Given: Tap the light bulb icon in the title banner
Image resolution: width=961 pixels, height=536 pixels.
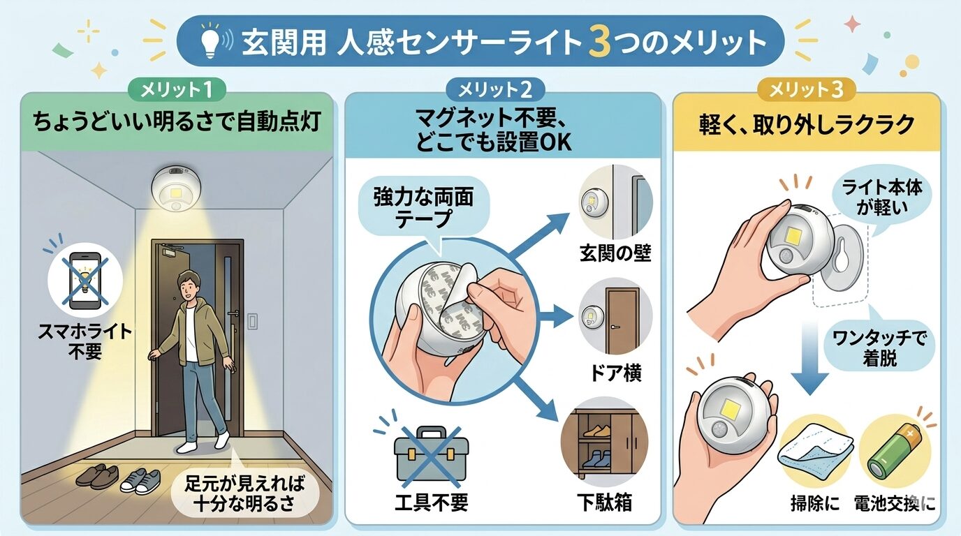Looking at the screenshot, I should tap(210, 41).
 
